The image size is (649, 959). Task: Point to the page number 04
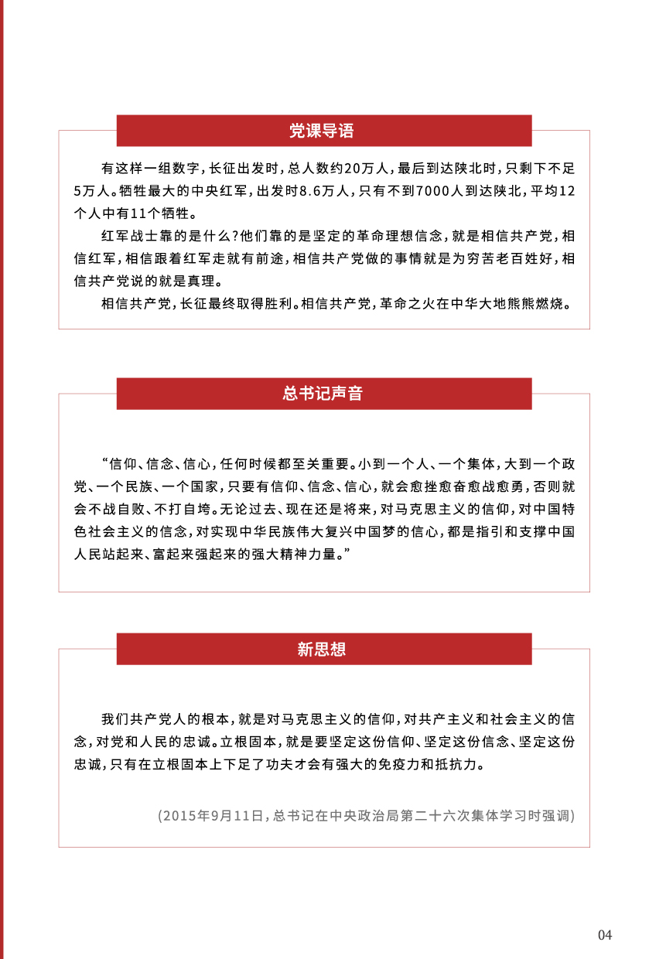click(x=605, y=935)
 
